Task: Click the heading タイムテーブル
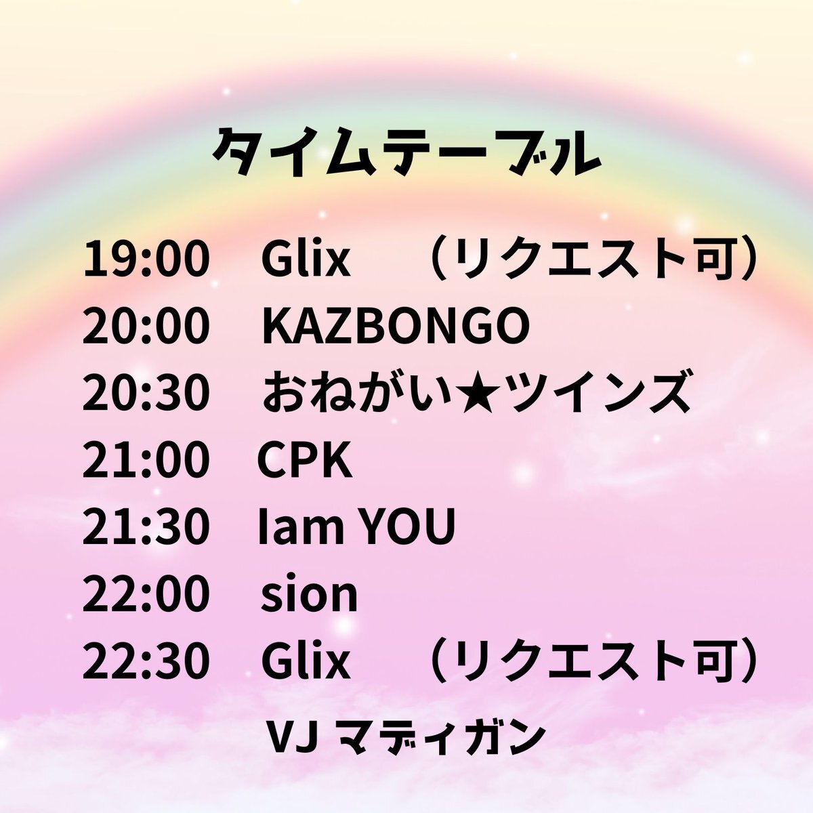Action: coord(406,152)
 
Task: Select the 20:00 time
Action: coord(146,325)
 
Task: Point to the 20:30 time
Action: coord(146,392)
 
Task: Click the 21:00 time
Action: coord(146,459)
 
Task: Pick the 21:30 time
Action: coord(146,526)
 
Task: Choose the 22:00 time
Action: coord(146,593)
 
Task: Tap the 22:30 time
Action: coord(146,661)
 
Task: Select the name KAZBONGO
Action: coord(396,325)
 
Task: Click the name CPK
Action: coord(305,459)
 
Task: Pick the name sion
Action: coord(309,594)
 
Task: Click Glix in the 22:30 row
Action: coord(306,661)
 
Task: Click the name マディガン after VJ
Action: coord(440,738)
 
